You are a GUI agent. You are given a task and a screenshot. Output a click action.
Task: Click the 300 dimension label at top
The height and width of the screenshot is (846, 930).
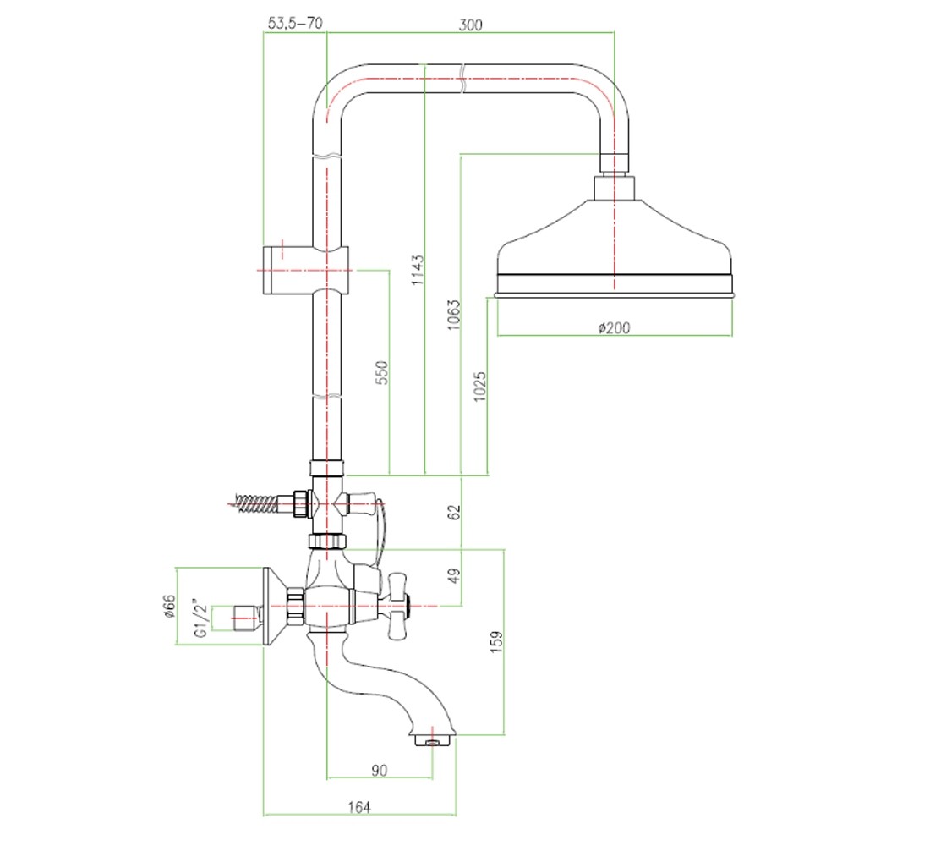pos(470,25)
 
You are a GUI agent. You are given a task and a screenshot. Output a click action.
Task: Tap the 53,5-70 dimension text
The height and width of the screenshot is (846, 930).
pos(295,23)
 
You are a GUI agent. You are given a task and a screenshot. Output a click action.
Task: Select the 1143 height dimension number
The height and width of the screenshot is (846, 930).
pos(418,270)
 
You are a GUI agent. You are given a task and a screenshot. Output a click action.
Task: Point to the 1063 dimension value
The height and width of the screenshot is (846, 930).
pos(454,316)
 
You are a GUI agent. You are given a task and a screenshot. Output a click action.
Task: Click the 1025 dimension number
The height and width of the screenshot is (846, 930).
pos(480,387)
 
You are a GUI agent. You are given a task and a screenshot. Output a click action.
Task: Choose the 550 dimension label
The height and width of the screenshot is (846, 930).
pos(382,372)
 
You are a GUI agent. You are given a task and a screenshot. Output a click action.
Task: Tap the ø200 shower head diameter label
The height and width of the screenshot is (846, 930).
pos(614,327)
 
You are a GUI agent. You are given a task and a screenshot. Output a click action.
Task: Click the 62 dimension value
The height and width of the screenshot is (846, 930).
pos(454,512)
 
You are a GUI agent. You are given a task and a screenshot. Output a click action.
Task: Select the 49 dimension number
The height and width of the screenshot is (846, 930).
pos(454,576)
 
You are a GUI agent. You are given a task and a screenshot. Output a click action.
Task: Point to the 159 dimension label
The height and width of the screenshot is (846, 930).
pos(496,642)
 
